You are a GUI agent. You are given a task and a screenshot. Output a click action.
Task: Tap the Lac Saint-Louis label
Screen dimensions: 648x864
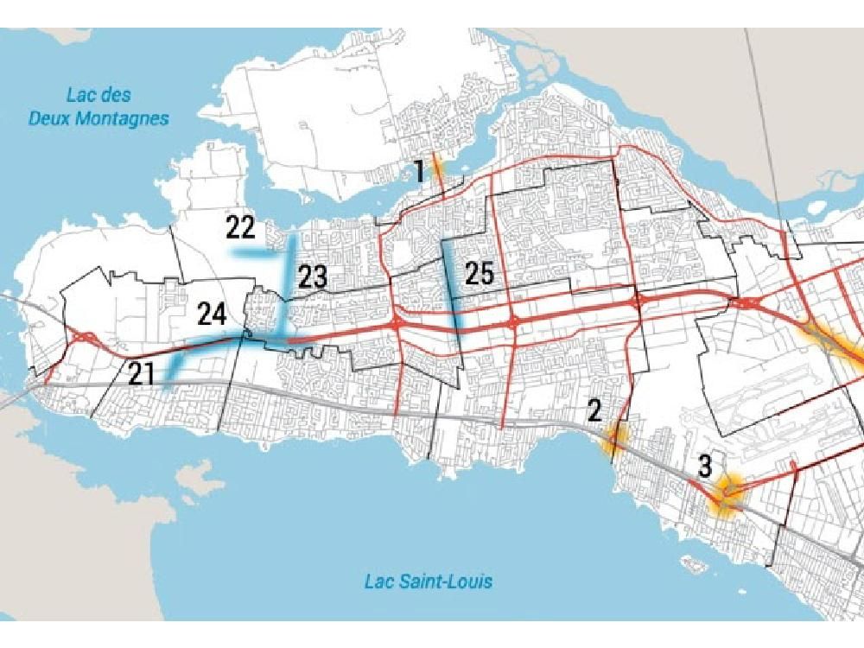pos(428,581)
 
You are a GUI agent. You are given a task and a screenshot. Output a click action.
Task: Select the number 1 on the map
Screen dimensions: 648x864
pos(419,170)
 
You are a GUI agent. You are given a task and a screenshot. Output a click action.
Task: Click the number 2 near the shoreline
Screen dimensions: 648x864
pos(594,410)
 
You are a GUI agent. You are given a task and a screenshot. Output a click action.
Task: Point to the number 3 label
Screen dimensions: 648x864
pos(705,467)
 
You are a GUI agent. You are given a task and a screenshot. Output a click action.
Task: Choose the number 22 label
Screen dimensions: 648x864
pos(240,228)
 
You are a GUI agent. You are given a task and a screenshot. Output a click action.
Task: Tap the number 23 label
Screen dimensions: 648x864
pos(313,277)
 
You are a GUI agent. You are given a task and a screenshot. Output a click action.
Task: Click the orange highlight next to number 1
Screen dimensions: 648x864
pos(437,167)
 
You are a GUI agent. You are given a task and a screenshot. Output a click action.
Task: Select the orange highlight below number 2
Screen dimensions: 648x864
pos(615,439)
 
